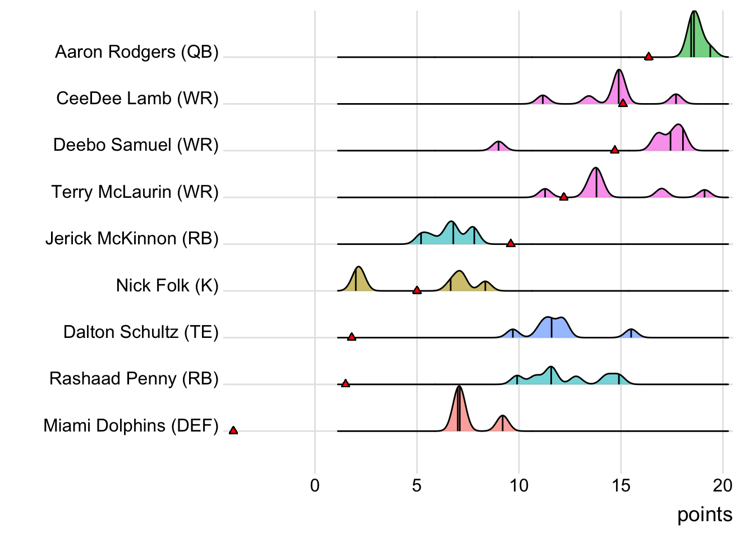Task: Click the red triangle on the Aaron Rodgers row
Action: click(x=649, y=56)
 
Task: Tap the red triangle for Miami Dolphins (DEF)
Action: click(x=233, y=430)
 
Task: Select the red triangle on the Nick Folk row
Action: click(x=417, y=290)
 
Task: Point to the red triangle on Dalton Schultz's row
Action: click(x=352, y=337)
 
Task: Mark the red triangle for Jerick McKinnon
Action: click(x=511, y=243)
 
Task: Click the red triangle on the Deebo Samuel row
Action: click(x=615, y=150)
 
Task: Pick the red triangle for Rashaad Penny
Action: click(x=346, y=383)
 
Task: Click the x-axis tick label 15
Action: click(x=621, y=485)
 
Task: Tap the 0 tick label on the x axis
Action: click(x=315, y=485)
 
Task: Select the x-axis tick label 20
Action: click(x=723, y=485)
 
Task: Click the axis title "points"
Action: click(x=705, y=514)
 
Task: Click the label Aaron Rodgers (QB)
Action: click(x=137, y=52)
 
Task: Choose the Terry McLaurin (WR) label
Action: click(x=135, y=192)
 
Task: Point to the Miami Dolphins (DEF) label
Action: click(x=131, y=425)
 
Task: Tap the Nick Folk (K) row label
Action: click(x=167, y=285)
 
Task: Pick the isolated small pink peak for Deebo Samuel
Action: click(x=498, y=146)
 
